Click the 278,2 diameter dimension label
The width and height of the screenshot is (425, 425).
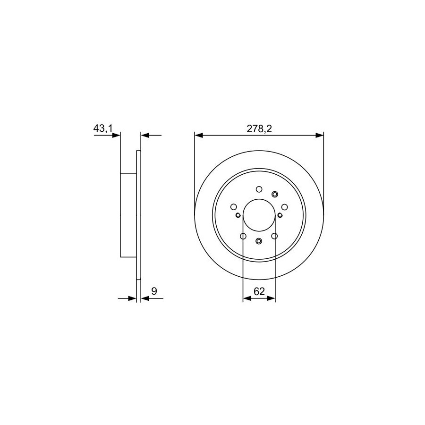[x=259, y=129]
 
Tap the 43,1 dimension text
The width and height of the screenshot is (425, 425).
[x=103, y=128]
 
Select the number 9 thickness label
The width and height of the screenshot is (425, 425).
[x=154, y=291]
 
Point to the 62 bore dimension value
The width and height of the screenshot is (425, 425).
[x=259, y=291]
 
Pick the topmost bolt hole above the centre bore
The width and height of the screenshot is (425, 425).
[x=259, y=189]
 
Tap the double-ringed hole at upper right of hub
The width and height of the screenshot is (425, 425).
[x=275, y=194]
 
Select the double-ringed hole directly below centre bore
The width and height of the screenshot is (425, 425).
[x=259, y=241]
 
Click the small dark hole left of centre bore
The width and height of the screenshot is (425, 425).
[x=238, y=215]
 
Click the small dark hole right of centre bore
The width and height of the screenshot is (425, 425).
[x=280, y=215]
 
